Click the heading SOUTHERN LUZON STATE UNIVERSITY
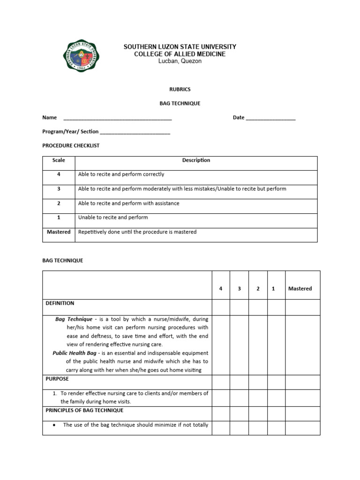180,47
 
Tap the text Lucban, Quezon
180,61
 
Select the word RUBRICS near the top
180,89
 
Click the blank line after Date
270,118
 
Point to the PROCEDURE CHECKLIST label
71,146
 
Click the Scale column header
59,160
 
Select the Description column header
196,160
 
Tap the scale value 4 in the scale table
59,174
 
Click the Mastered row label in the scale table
59,232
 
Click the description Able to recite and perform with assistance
128,203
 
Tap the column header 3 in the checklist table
239,289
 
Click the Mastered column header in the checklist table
300,289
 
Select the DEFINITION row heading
60,303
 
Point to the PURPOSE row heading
57,379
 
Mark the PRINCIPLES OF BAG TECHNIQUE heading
84,410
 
